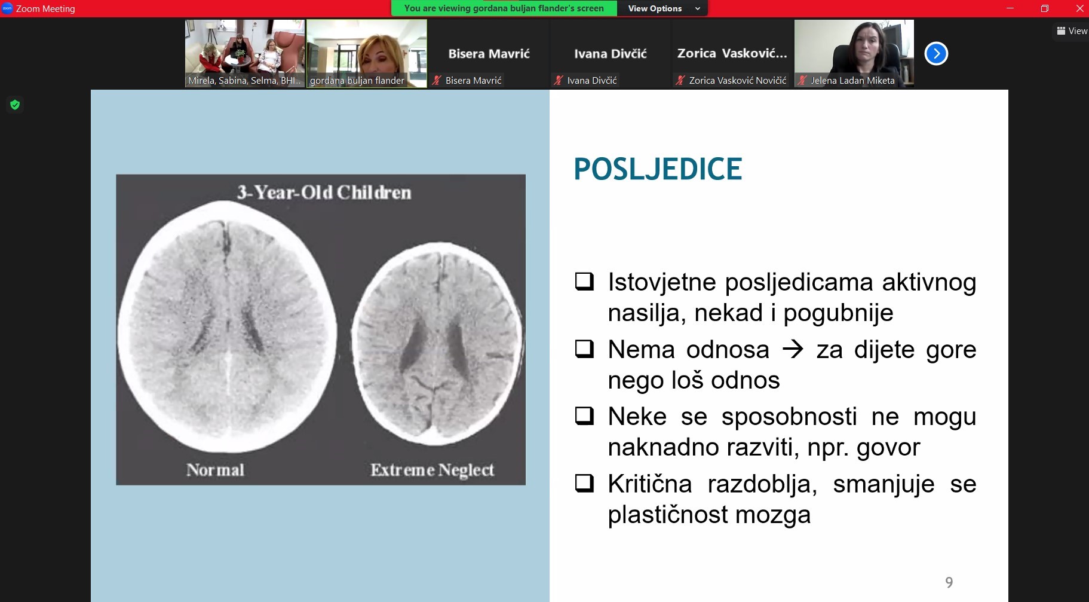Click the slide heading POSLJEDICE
pos(658,169)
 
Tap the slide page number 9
pos(949,582)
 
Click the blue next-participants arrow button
pos(936,54)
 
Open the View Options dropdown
pos(662,8)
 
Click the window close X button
pos(1079,8)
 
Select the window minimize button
pos(1010,8)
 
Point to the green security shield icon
pos(15,105)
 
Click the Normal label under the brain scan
pos(215,470)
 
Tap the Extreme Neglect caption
pos(432,470)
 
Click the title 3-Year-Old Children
pos(324,192)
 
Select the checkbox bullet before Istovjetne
pos(584,281)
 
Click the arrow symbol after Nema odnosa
pos(793,349)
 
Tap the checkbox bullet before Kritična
pos(584,482)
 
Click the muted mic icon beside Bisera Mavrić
pos(437,80)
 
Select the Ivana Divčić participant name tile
pos(611,54)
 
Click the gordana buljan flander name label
pos(357,80)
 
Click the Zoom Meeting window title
pos(45,8)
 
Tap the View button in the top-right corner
pos(1072,31)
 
